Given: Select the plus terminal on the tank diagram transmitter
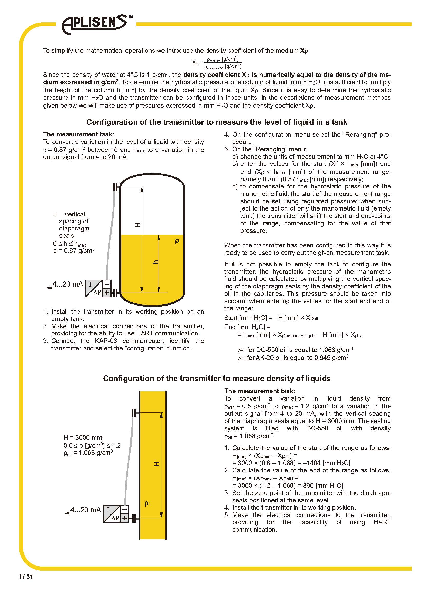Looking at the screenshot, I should click(x=107, y=293).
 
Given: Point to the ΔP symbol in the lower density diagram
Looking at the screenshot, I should click(x=115, y=518).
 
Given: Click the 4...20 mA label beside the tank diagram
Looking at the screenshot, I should click(x=68, y=284).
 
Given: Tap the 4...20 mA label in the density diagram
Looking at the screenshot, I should click(x=86, y=510).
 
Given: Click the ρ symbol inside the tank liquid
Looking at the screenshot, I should click(x=177, y=241).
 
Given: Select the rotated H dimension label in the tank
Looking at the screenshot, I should click(x=138, y=225).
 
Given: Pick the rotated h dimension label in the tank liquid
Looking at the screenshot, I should click(x=155, y=262).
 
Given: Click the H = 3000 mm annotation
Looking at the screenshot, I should click(x=83, y=437).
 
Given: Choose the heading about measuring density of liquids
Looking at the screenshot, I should click(x=217, y=379).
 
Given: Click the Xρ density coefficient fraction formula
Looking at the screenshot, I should click(x=217, y=62).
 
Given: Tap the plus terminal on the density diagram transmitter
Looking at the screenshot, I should click(x=125, y=518).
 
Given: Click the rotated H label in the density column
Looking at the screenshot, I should click(x=156, y=464).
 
